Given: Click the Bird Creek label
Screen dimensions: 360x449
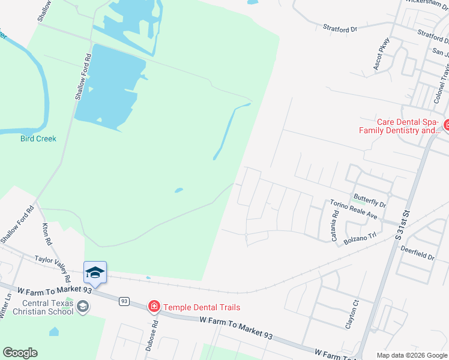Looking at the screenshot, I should (x=38, y=139).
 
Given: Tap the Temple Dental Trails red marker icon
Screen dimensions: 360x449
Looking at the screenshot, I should (x=154, y=307).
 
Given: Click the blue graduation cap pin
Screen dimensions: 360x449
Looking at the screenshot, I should (x=95, y=273).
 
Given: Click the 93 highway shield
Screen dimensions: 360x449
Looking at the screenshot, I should (x=124, y=301).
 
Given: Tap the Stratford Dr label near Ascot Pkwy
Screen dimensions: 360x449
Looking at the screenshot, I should (x=340, y=28).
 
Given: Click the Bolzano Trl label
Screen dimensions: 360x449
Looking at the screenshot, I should (x=360, y=239).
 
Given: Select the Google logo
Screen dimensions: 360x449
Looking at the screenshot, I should (x=20, y=353).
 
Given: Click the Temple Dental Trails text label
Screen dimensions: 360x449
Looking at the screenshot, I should (x=202, y=307).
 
